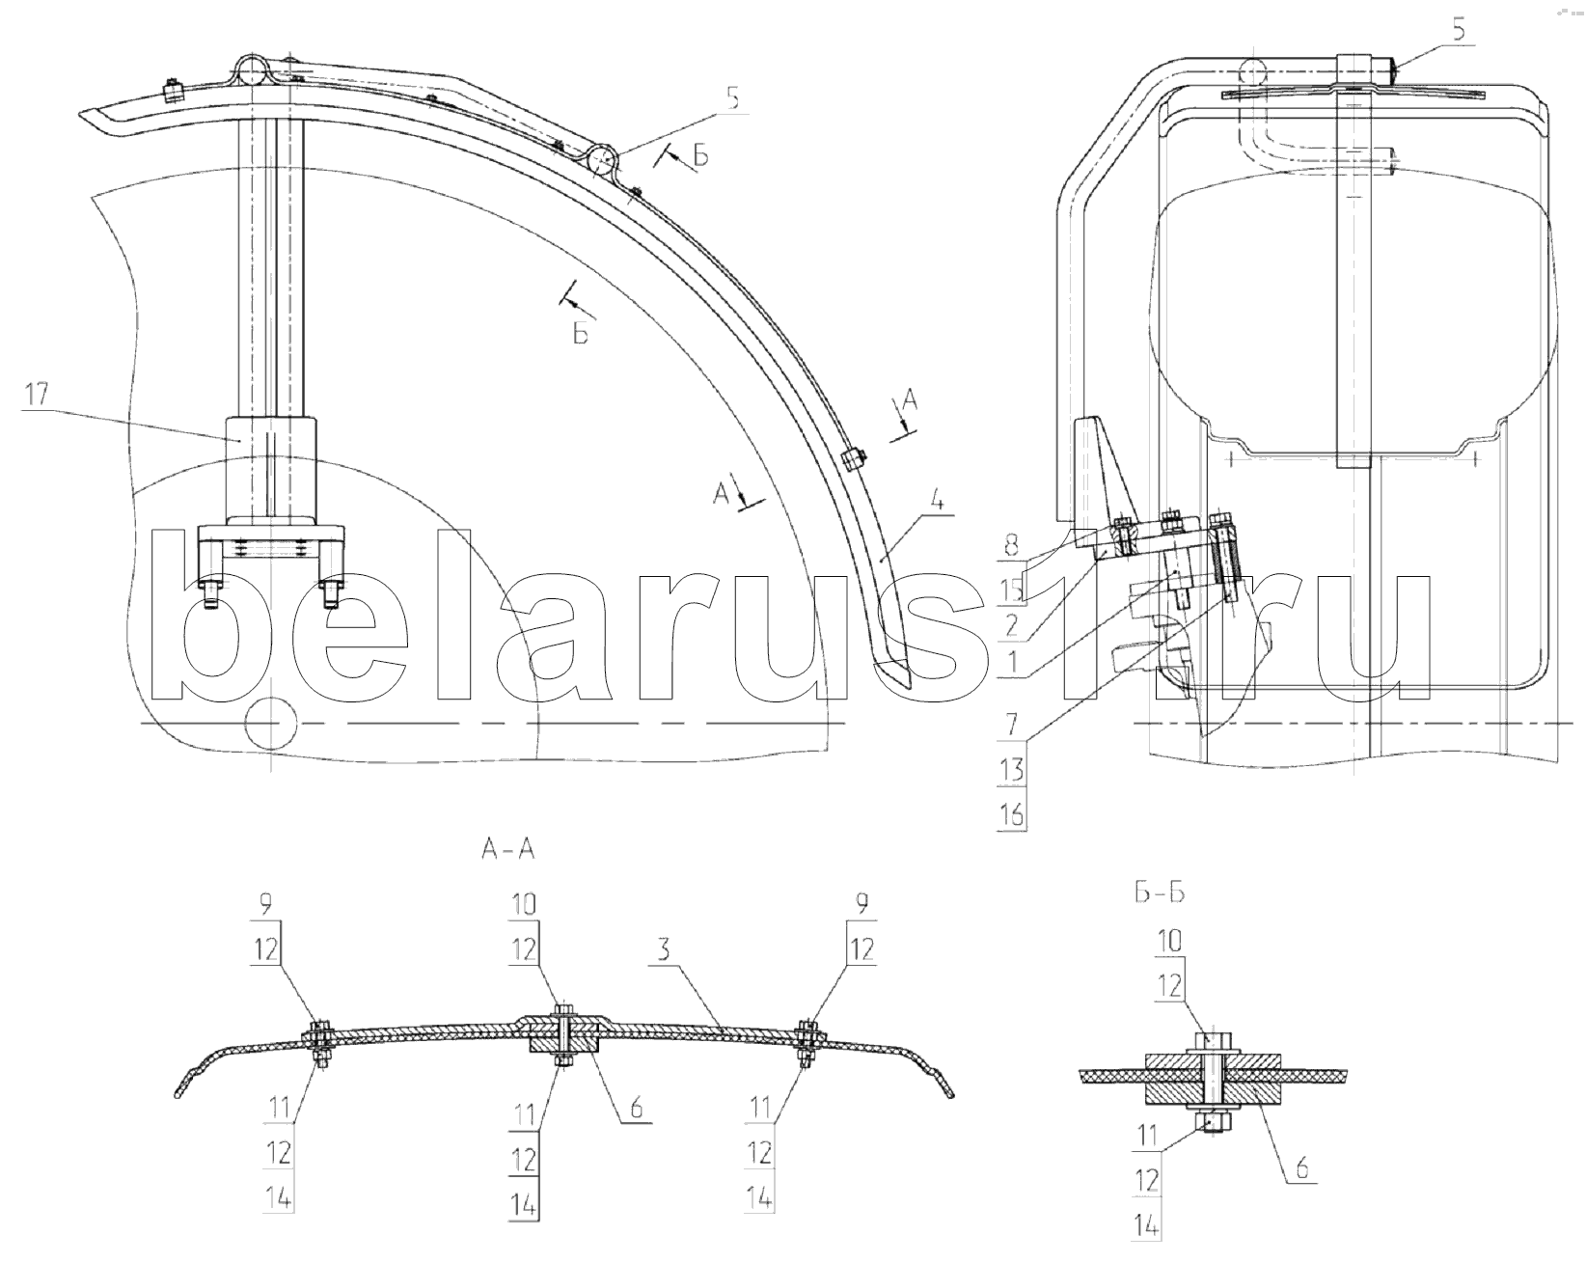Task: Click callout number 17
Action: point(37,395)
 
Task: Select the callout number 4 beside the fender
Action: point(936,502)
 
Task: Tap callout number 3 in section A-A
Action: point(664,950)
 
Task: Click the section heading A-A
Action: point(507,850)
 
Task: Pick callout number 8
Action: point(1011,546)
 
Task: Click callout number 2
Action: point(1011,627)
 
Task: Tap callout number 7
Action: point(1011,725)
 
